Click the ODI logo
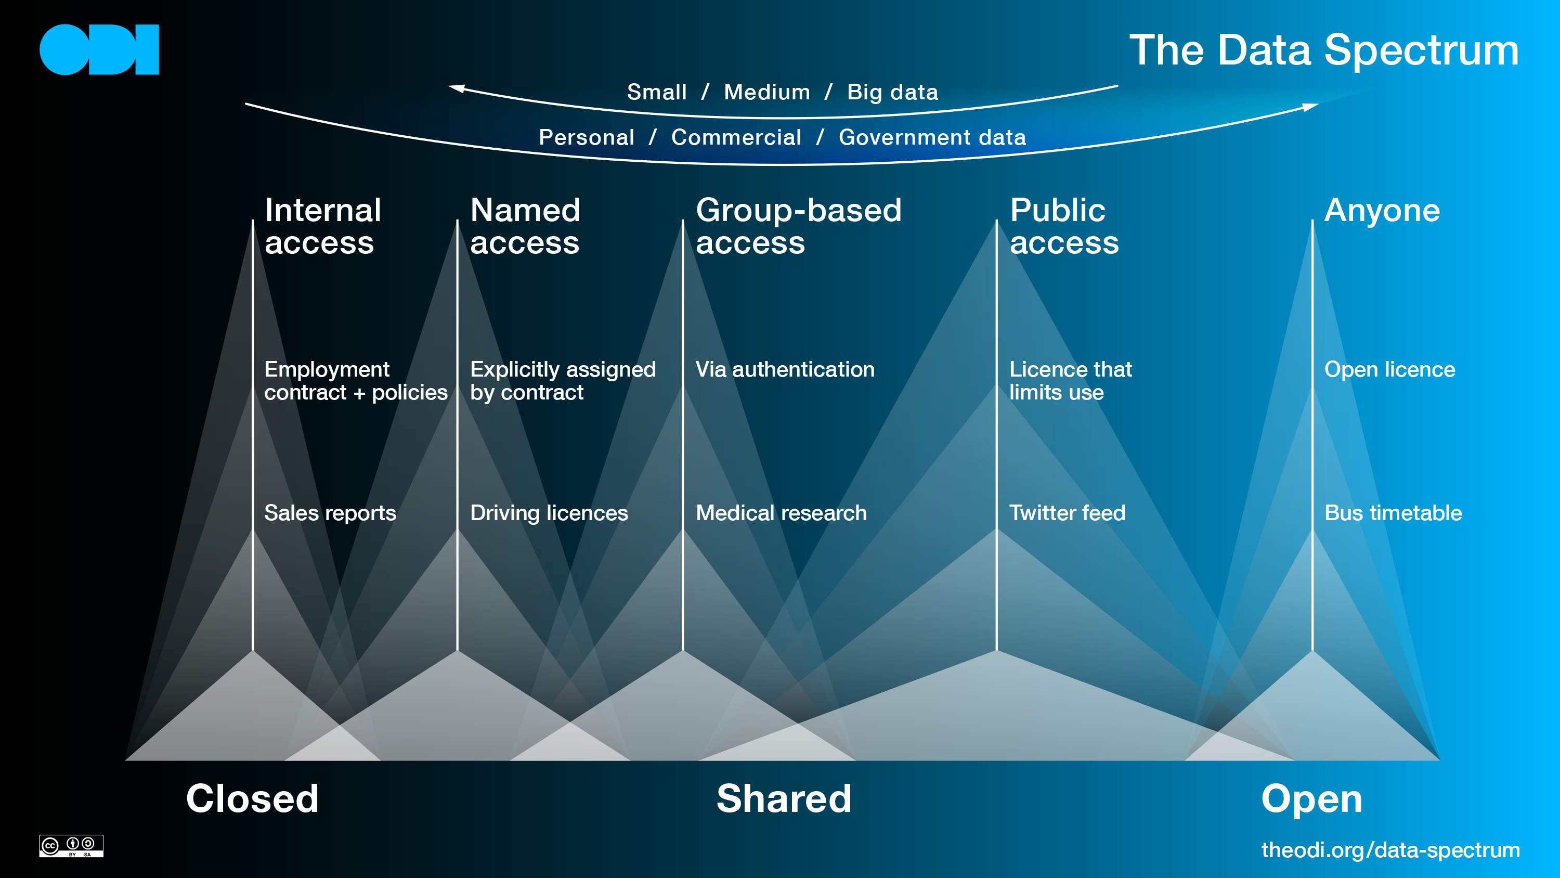click(x=99, y=50)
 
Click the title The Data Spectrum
click(x=1324, y=50)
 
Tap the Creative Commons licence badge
click(x=71, y=845)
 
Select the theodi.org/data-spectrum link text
click(x=1390, y=849)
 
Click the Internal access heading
click(x=322, y=226)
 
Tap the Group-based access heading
click(x=798, y=226)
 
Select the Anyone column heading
click(x=1382, y=211)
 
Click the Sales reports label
click(x=330, y=513)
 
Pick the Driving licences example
click(x=549, y=513)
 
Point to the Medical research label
click(x=781, y=513)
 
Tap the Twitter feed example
click(x=1067, y=513)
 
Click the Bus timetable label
click(x=1393, y=513)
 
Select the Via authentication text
click(x=785, y=370)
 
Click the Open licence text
click(x=1389, y=370)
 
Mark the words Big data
click(x=893, y=92)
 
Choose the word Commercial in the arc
click(x=736, y=137)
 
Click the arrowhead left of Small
click(x=456, y=88)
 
